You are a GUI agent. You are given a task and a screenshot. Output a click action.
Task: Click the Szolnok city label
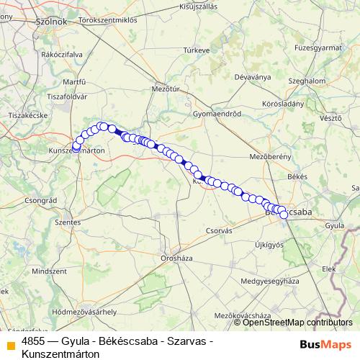[x=51, y=22]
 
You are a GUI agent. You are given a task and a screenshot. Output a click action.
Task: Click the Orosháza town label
[x=176, y=256]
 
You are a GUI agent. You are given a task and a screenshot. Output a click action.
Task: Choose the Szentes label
[x=67, y=223]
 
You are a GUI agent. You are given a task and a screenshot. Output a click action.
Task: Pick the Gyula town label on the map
[x=335, y=225]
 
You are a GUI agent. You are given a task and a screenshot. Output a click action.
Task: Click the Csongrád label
[x=40, y=200]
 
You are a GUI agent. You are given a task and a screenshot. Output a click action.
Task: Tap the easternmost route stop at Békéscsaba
[x=283, y=215]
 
